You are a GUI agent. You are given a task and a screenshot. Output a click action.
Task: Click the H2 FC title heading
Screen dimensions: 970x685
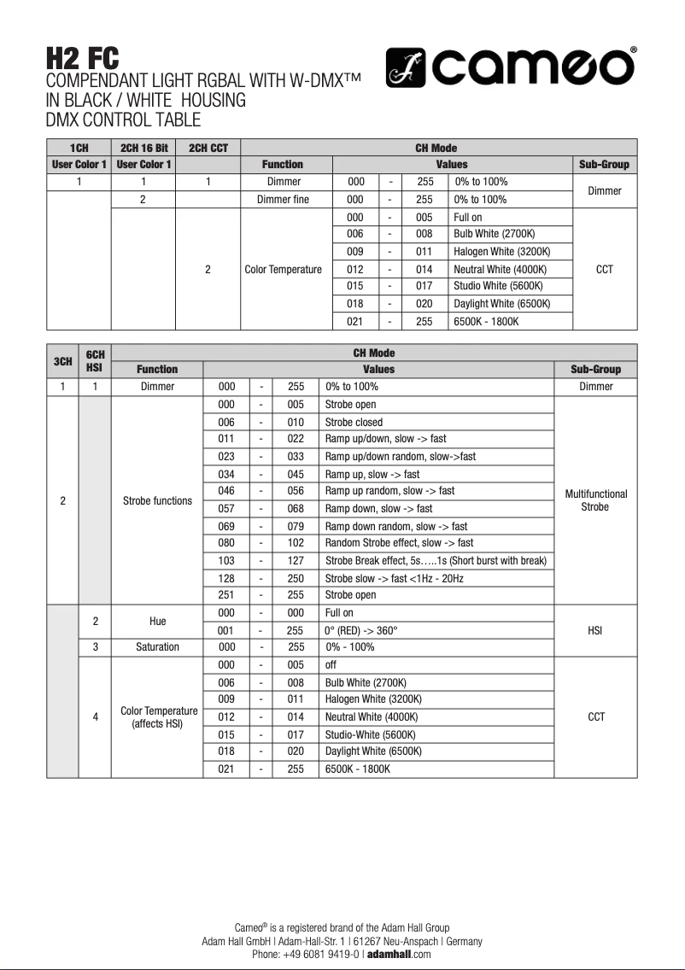point(82,59)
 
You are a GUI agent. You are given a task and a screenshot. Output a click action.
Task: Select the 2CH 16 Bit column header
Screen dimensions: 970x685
point(143,148)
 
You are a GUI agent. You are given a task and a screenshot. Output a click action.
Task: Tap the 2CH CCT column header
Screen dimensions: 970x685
point(208,148)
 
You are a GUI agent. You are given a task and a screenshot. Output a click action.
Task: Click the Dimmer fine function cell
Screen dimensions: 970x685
point(284,200)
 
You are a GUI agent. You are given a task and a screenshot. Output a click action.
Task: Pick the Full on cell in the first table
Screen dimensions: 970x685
point(468,218)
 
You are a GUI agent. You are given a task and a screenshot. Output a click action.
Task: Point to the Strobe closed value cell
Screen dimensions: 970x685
point(354,422)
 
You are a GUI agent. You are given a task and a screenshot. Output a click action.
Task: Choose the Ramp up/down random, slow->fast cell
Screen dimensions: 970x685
point(400,457)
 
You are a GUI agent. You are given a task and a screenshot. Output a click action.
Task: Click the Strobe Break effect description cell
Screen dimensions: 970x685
point(436,561)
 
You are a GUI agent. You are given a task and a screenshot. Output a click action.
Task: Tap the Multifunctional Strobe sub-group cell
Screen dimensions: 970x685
point(595,500)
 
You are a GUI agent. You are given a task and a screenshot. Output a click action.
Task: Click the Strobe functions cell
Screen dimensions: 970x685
point(157,500)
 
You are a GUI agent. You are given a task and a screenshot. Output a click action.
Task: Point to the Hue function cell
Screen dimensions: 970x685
point(157,622)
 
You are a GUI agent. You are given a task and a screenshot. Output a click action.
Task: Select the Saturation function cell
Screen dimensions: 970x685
point(157,647)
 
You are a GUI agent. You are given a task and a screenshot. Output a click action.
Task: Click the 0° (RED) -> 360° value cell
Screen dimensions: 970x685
point(361,630)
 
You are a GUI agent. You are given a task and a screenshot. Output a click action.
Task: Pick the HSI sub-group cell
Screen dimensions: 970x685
point(595,630)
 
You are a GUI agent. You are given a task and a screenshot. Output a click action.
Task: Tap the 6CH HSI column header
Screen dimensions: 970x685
point(95,361)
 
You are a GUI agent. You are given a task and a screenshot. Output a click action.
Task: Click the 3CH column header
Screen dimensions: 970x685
point(62,361)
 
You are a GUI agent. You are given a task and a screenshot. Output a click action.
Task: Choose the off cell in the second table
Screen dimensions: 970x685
point(331,665)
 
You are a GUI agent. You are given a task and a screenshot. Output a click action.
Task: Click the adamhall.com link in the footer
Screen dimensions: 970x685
point(399,955)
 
